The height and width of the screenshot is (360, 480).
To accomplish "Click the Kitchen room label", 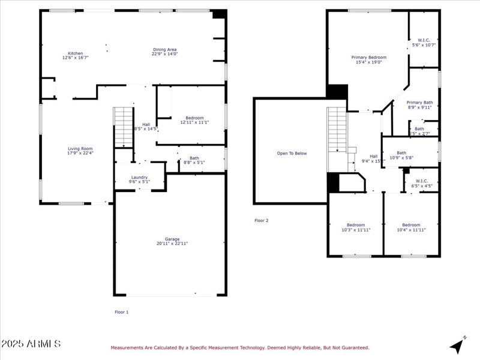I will (75, 53).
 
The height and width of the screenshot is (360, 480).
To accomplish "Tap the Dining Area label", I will (164, 50).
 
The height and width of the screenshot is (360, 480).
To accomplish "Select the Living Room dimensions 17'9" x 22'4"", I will (80, 153).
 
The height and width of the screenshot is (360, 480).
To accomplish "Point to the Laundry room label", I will (140, 177).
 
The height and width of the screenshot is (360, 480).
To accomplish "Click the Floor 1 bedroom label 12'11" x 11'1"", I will (194, 122).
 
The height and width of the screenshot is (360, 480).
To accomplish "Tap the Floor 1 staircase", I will (123, 127).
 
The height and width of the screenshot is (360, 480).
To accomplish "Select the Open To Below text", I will (292, 153).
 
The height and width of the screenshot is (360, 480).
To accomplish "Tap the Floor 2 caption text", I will (262, 220).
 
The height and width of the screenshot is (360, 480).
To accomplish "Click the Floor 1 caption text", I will (122, 312).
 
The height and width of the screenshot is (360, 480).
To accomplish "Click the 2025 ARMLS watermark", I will (31, 344).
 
